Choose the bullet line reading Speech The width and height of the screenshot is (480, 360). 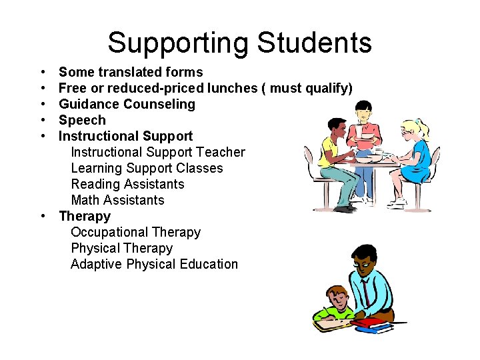[x=82, y=120]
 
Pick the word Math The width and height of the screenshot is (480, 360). [x=85, y=200]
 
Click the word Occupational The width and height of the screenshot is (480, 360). [x=109, y=232]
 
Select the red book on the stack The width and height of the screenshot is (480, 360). [x=367, y=323]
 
